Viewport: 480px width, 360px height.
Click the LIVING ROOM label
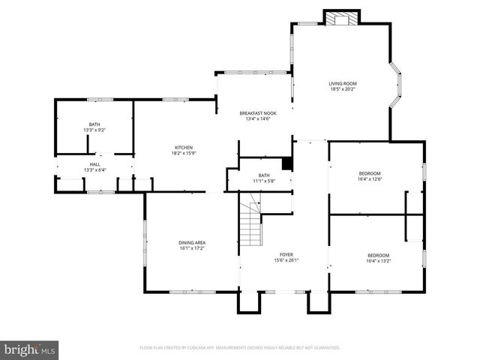click(343, 83)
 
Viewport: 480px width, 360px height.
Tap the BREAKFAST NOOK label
click(257, 112)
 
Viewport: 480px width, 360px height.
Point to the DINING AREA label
click(192, 242)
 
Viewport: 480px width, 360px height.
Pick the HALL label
click(94, 163)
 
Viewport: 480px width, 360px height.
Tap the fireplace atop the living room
click(342, 18)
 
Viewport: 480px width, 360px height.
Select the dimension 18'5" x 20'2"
click(343, 90)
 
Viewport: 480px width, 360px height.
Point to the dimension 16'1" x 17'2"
click(192, 249)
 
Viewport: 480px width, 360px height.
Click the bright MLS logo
click(30, 349)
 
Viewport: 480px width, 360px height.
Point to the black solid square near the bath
click(286, 164)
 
